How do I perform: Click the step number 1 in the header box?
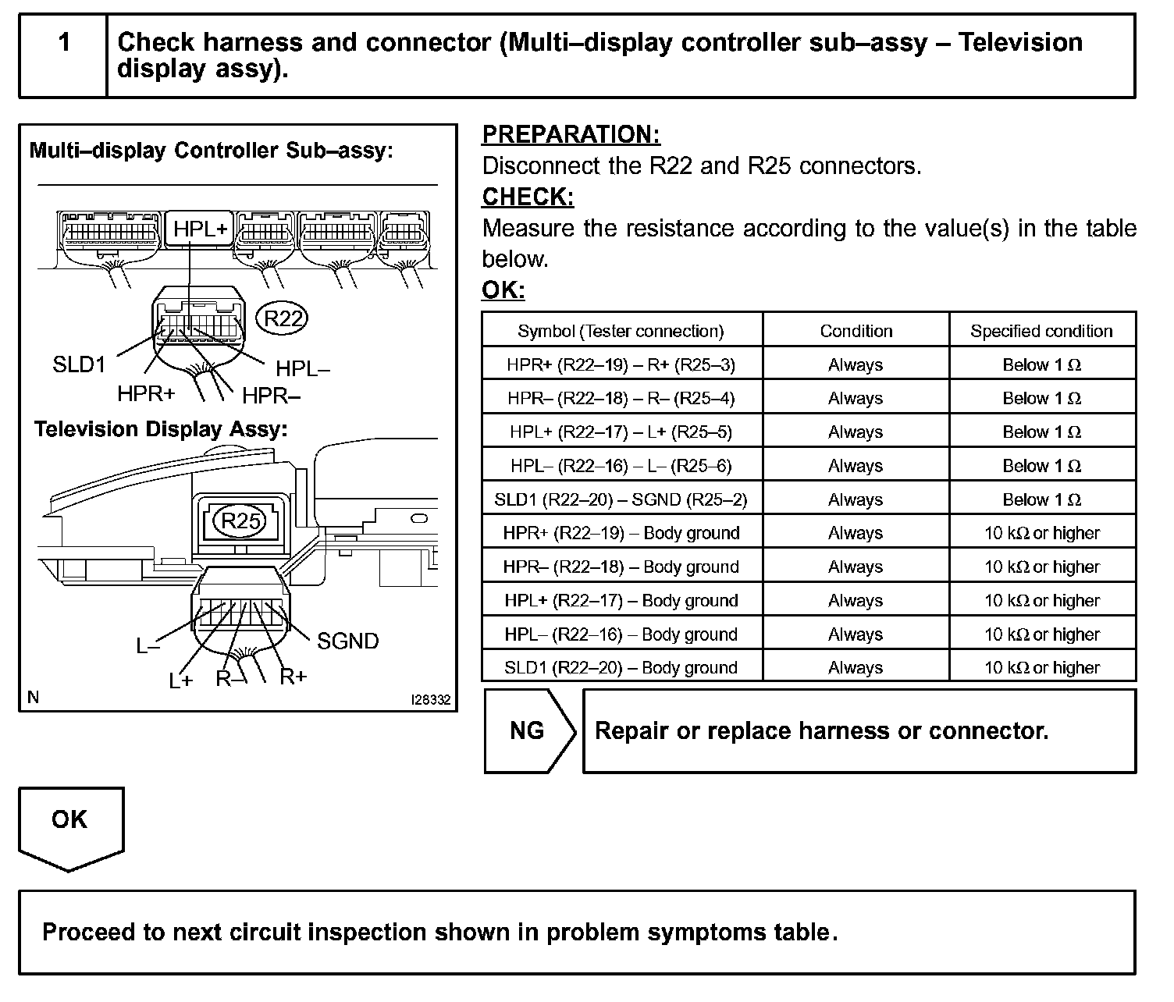64,42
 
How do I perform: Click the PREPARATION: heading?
571,134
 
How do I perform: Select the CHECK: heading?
528,197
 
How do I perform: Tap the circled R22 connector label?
283,318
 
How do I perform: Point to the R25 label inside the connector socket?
240,521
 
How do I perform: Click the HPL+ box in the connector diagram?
201,229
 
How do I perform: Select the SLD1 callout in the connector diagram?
79,364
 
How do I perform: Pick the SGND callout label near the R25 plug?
347,641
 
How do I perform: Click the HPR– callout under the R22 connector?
271,396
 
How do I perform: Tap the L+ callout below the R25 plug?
180,680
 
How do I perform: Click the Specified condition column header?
1041,331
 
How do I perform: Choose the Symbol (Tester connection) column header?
621,331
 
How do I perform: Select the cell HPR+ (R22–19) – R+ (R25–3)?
621,364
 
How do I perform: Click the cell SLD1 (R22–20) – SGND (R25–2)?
621,499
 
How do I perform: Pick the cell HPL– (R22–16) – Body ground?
621,634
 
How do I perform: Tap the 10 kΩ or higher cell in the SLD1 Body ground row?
1041,668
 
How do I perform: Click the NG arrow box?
528,730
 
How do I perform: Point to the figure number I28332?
430,700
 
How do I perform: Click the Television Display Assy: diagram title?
161,429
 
